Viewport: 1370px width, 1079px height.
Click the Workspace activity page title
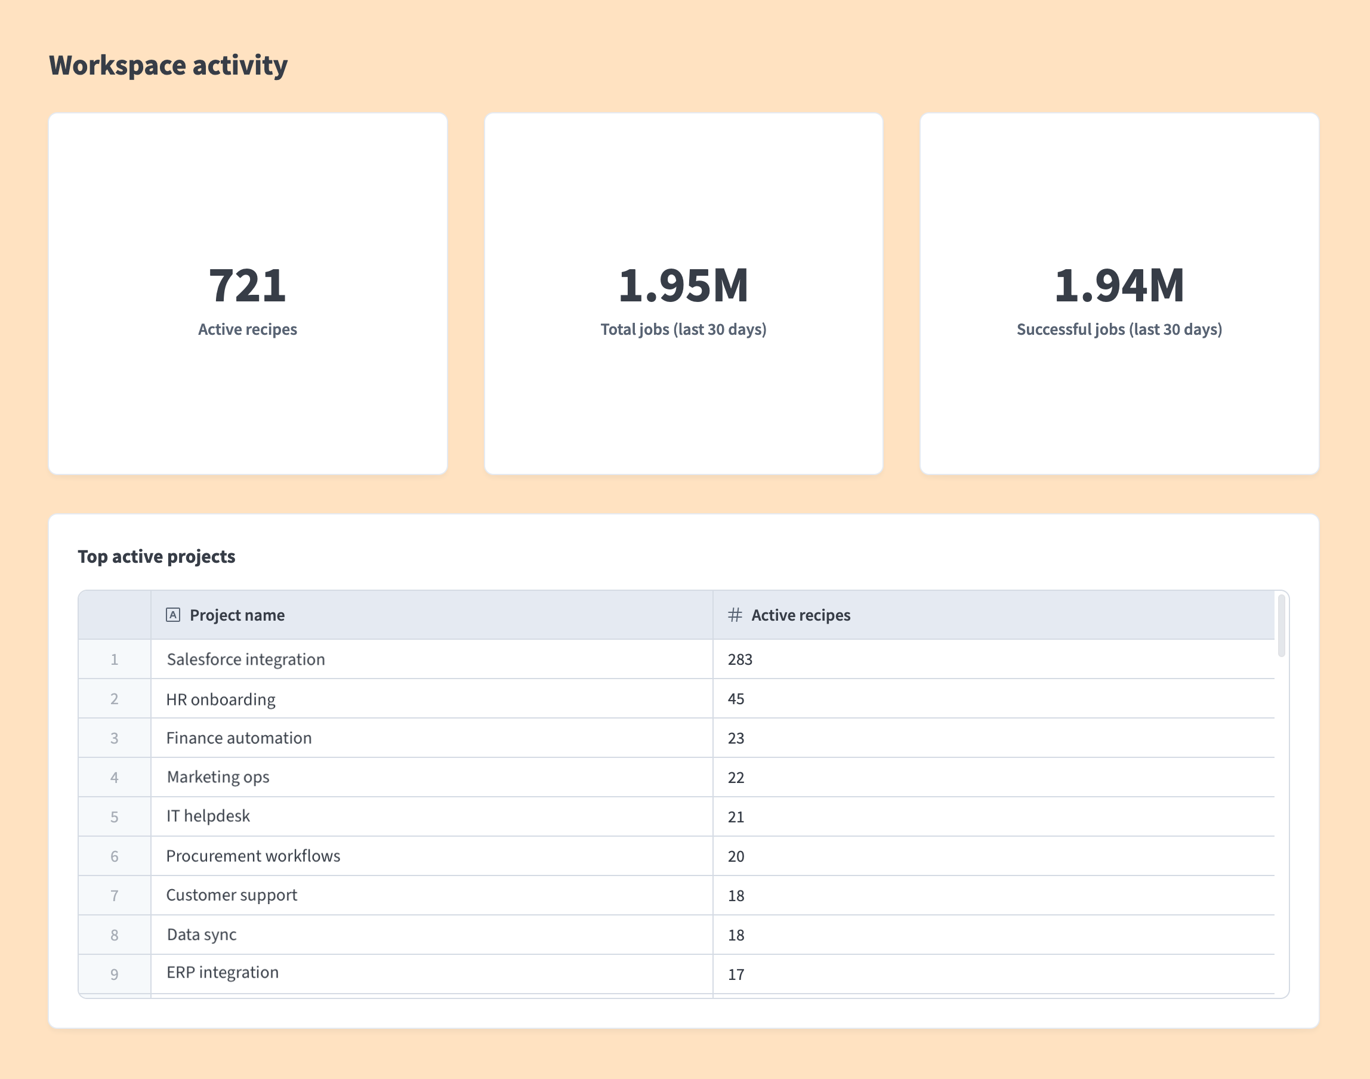coord(168,66)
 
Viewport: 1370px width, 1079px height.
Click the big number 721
coord(247,285)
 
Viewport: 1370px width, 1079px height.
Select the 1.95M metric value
coord(683,285)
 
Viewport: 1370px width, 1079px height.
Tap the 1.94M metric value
coord(1119,285)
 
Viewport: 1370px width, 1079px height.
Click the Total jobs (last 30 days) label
coord(683,329)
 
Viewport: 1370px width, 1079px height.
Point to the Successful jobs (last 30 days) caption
coord(1119,329)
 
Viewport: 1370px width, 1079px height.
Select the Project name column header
coord(237,615)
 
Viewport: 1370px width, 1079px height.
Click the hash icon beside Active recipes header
coord(735,615)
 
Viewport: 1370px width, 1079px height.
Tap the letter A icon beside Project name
coord(173,615)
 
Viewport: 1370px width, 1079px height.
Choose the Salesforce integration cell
coord(246,659)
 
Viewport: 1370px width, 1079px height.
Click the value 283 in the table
coord(740,659)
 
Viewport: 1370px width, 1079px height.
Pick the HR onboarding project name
coord(220,699)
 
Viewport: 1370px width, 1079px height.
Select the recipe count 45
coord(736,699)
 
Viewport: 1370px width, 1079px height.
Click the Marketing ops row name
coord(218,777)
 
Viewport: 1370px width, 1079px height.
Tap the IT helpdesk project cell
coord(208,816)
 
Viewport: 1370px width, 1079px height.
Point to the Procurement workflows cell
coord(252,856)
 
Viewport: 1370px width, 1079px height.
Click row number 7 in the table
coord(115,896)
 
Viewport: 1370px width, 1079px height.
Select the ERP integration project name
coord(223,973)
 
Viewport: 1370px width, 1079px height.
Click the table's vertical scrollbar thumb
coord(1281,625)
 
